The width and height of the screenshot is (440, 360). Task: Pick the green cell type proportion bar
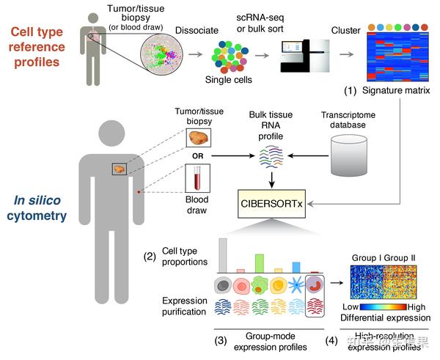259,263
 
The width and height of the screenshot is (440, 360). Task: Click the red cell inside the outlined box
315,285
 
